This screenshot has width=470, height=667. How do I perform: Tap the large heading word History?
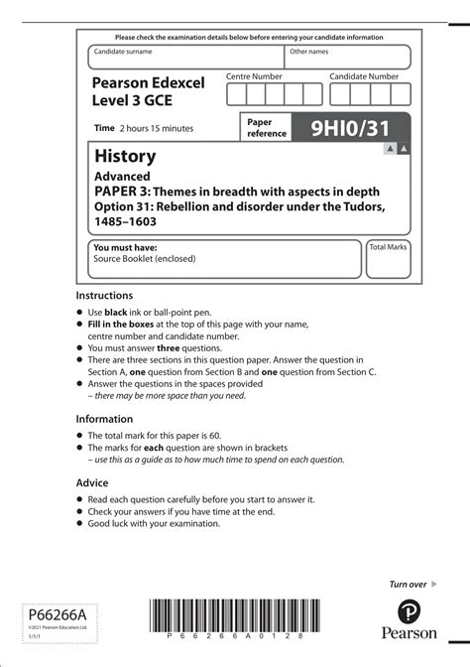(x=125, y=157)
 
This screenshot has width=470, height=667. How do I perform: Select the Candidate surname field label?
(x=124, y=51)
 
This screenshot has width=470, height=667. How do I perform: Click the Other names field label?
(x=308, y=51)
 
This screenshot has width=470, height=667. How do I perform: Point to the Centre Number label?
(x=254, y=76)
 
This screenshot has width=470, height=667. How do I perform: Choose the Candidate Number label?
(x=364, y=76)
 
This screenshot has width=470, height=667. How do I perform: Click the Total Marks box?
(x=389, y=259)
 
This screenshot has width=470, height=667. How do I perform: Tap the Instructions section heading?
(x=104, y=296)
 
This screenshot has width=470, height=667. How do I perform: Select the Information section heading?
(x=104, y=419)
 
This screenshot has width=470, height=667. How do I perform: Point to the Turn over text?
(x=408, y=585)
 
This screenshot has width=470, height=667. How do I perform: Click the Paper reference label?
(x=266, y=127)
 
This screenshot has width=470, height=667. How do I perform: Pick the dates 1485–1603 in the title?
(x=125, y=221)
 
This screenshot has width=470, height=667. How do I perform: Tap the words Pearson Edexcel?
(x=149, y=82)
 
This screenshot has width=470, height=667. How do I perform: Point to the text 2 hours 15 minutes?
(x=157, y=128)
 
